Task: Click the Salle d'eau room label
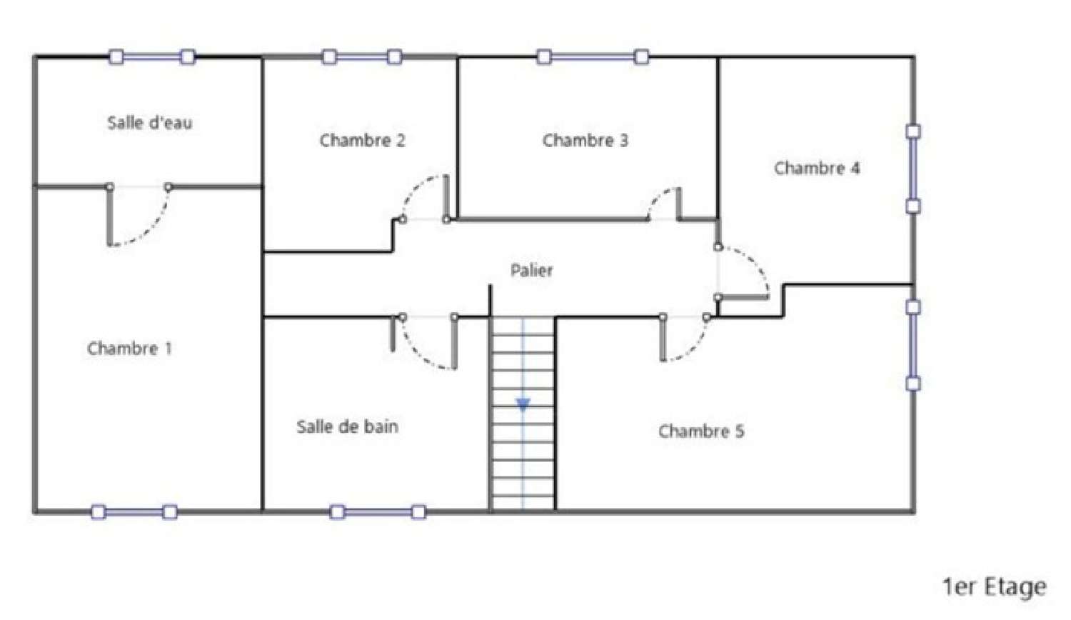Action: pos(150,122)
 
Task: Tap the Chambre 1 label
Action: pos(129,348)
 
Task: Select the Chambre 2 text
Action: pos(362,140)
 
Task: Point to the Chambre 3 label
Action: pos(585,140)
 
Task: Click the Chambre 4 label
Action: pos(817,168)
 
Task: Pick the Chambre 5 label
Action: pos(701,431)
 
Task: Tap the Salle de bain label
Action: pos(347,426)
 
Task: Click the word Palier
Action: pos(532,270)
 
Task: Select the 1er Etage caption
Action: pos(995,587)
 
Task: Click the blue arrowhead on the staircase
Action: pos(523,405)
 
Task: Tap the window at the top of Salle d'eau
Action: pos(152,57)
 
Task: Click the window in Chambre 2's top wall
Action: pos(361,57)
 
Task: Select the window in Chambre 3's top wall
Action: pos(593,57)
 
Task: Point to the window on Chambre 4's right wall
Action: pos(913,169)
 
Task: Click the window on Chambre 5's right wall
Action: pos(913,346)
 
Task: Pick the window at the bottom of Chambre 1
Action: pos(134,512)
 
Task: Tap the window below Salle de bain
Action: pos(378,512)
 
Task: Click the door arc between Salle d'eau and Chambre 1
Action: pos(152,229)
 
